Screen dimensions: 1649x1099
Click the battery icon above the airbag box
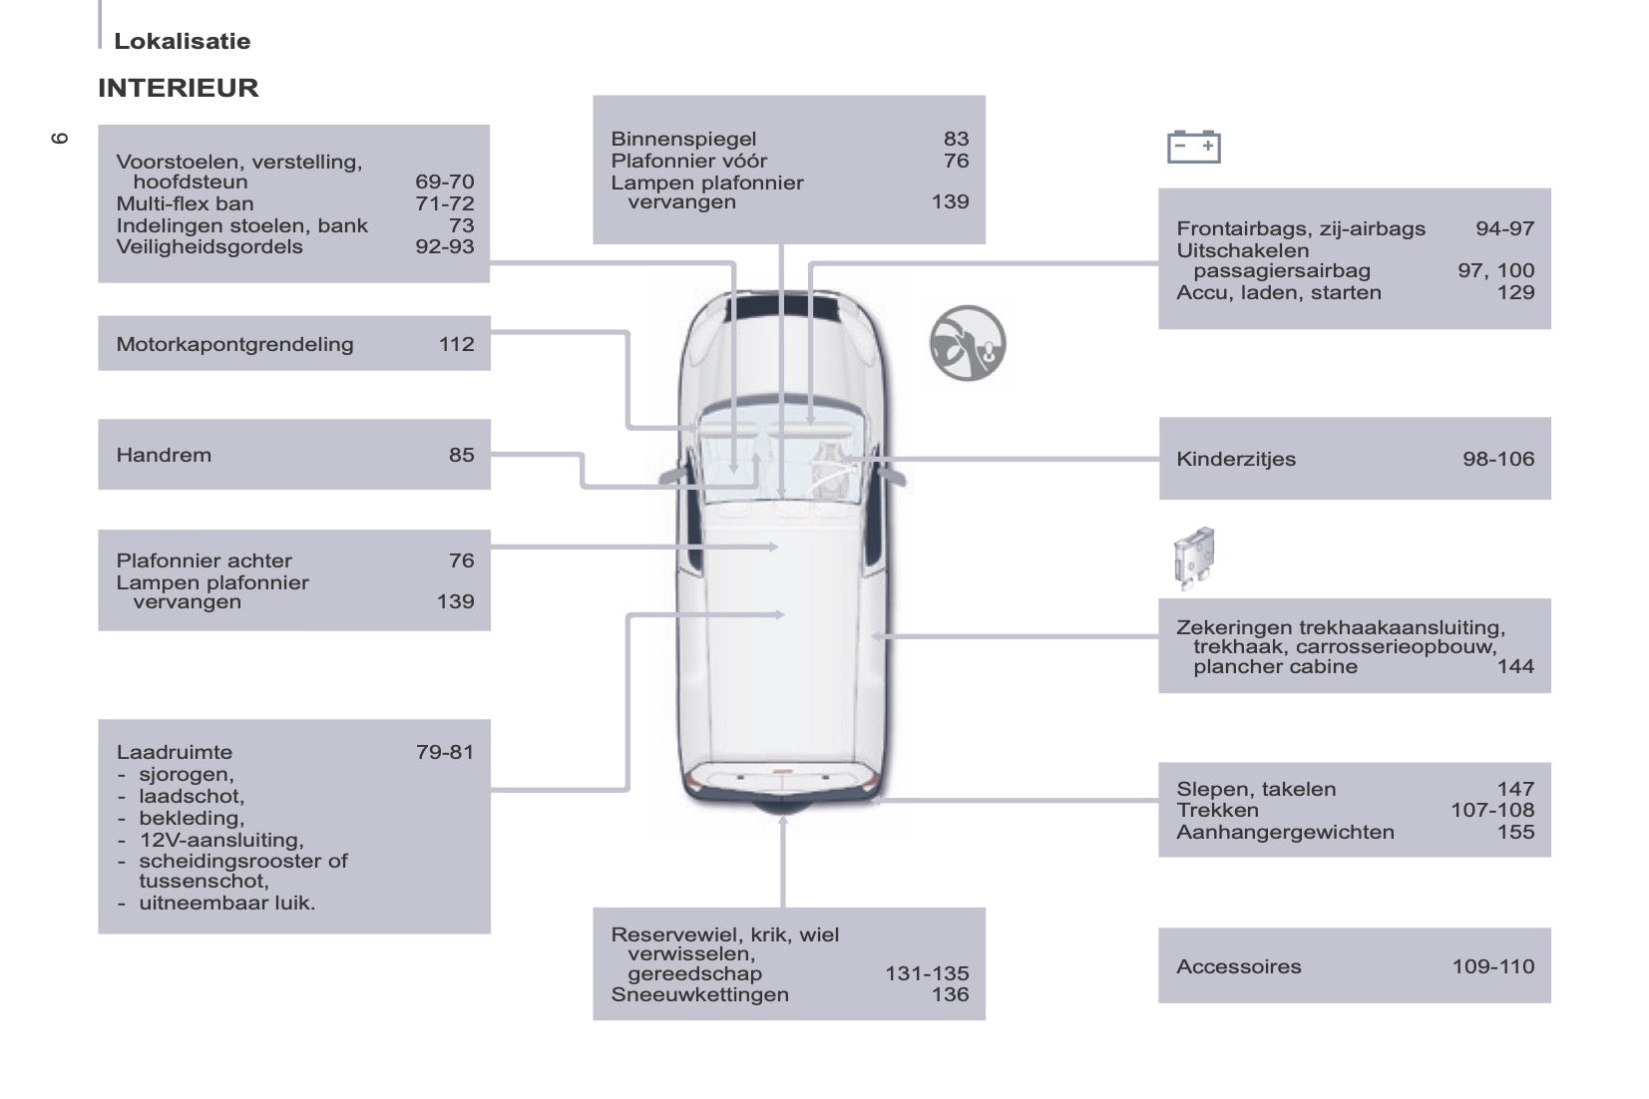pos(1193,147)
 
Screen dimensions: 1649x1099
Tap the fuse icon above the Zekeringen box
pos(1193,557)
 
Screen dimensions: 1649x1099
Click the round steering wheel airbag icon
pos(968,343)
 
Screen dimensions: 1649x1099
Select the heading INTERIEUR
pos(179,88)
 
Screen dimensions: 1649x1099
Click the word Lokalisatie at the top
pos(183,41)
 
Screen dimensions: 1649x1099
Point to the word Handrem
pos(164,455)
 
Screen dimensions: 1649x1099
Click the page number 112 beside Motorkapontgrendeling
pos(457,344)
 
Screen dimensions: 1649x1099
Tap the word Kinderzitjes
pos(1236,460)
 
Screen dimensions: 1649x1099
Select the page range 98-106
pos(1498,459)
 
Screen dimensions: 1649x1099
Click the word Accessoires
pos(1239,966)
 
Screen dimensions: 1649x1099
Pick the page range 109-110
pos(1493,966)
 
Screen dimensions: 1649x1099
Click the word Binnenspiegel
pos(684,140)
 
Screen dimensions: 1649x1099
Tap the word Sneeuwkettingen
pos(699,994)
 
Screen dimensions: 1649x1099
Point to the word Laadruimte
pos(175,752)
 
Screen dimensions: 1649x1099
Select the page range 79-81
pos(445,752)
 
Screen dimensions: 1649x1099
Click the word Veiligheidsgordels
pos(209,246)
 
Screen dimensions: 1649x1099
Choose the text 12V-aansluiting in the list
pos(220,840)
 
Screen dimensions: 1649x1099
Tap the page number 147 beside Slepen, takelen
pos(1515,789)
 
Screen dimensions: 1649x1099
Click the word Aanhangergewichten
pos(1285,833)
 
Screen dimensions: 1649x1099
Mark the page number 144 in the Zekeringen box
pos(1515,666)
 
